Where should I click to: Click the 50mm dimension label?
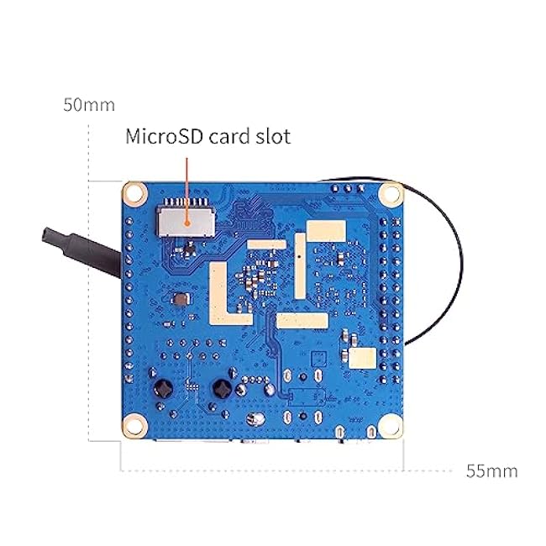pos(89,104)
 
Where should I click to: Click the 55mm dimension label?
pos(492,470)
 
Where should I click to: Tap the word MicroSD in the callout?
pos(164,136)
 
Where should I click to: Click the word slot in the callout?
pos(273,136)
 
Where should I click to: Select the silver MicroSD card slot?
pos(186,221)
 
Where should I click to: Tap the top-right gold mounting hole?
pos(391,193)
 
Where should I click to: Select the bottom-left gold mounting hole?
pos(134,426)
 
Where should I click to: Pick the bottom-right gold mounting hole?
pos(391,426)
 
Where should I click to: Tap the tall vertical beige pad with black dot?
pos(300,266)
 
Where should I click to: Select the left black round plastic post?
pos(163,389)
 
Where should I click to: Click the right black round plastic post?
pos(222,389)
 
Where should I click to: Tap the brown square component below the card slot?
pos(181,299)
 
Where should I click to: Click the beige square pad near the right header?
pos(363,358)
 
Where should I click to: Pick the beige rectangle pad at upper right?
pos(326,231)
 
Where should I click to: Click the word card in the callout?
pos(229,136)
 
